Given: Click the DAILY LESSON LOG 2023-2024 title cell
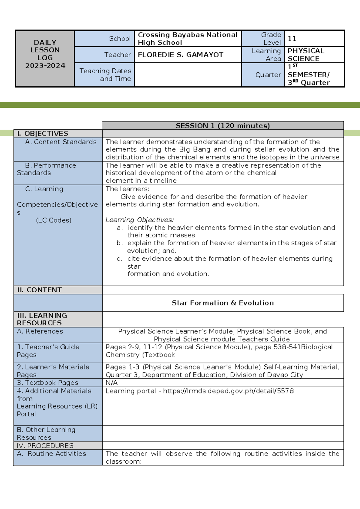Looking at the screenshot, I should (x=45, y=54).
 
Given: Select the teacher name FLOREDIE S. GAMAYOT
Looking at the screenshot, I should (x=180, y=55).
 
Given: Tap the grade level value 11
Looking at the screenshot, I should (x=292, y=38).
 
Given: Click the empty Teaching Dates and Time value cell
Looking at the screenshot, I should (x=188, y=75).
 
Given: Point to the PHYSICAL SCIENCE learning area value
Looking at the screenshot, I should (x=306, y=55).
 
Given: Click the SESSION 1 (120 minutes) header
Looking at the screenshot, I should (x=223, y=126).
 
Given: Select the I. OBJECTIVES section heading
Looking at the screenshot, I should (x=43, y=134).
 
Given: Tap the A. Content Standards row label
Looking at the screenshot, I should (x=61, y=142).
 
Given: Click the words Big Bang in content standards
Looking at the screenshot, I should (x=194, y=149).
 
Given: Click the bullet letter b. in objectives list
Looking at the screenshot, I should (x=119, y=243).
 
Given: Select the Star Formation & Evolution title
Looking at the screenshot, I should (x=223, y=303).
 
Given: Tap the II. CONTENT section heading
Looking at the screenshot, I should (x=39, y=290).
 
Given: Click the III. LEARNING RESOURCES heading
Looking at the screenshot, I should (x=42, y=319).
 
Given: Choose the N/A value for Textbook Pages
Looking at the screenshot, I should (x=111, y=383).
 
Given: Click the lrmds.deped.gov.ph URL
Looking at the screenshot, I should (x=228, y=391).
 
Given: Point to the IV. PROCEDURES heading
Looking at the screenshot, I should (x=45, y=446).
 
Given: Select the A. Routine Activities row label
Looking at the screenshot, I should (x=52, y=453).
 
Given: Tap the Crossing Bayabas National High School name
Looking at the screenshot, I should (x=187, y=38).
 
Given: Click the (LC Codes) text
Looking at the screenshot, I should (x=54, y=220).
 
